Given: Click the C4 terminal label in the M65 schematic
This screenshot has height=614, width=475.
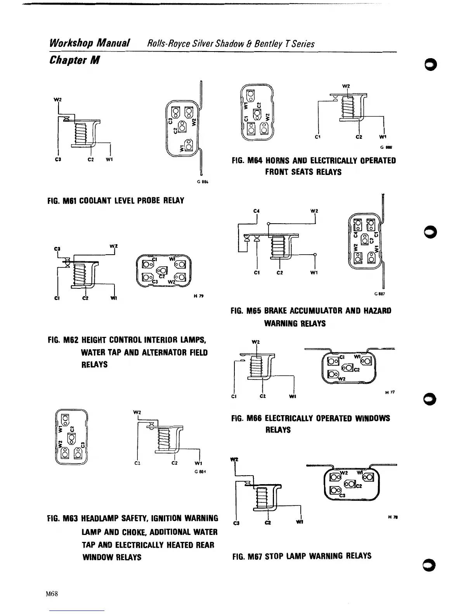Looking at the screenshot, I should click(256, 211).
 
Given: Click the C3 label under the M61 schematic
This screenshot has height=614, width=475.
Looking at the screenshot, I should click(58, 159).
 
